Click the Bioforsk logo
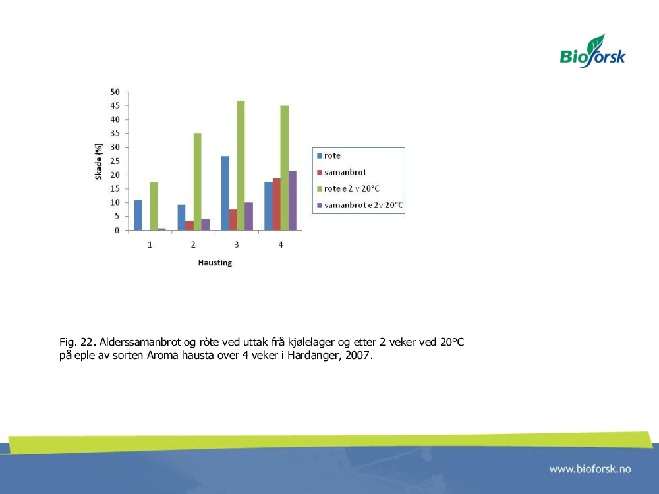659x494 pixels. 592,51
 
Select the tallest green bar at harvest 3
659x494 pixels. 241,165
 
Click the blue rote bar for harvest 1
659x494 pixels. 138,215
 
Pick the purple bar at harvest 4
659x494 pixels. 293,201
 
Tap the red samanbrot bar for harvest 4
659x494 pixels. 277,204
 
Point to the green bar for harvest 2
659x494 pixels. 198,182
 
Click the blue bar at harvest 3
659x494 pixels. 225,193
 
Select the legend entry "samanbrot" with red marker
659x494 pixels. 341,172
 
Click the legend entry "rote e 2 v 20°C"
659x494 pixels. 349,188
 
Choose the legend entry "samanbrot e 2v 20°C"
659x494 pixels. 360,205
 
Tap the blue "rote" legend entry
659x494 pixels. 329,156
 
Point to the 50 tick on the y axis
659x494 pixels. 115,92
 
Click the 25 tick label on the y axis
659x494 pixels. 115,161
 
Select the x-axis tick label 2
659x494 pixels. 193,244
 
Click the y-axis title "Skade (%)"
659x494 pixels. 99,161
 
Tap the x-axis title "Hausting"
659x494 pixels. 215,263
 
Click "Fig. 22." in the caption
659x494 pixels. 78,342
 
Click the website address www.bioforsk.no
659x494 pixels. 590,469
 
